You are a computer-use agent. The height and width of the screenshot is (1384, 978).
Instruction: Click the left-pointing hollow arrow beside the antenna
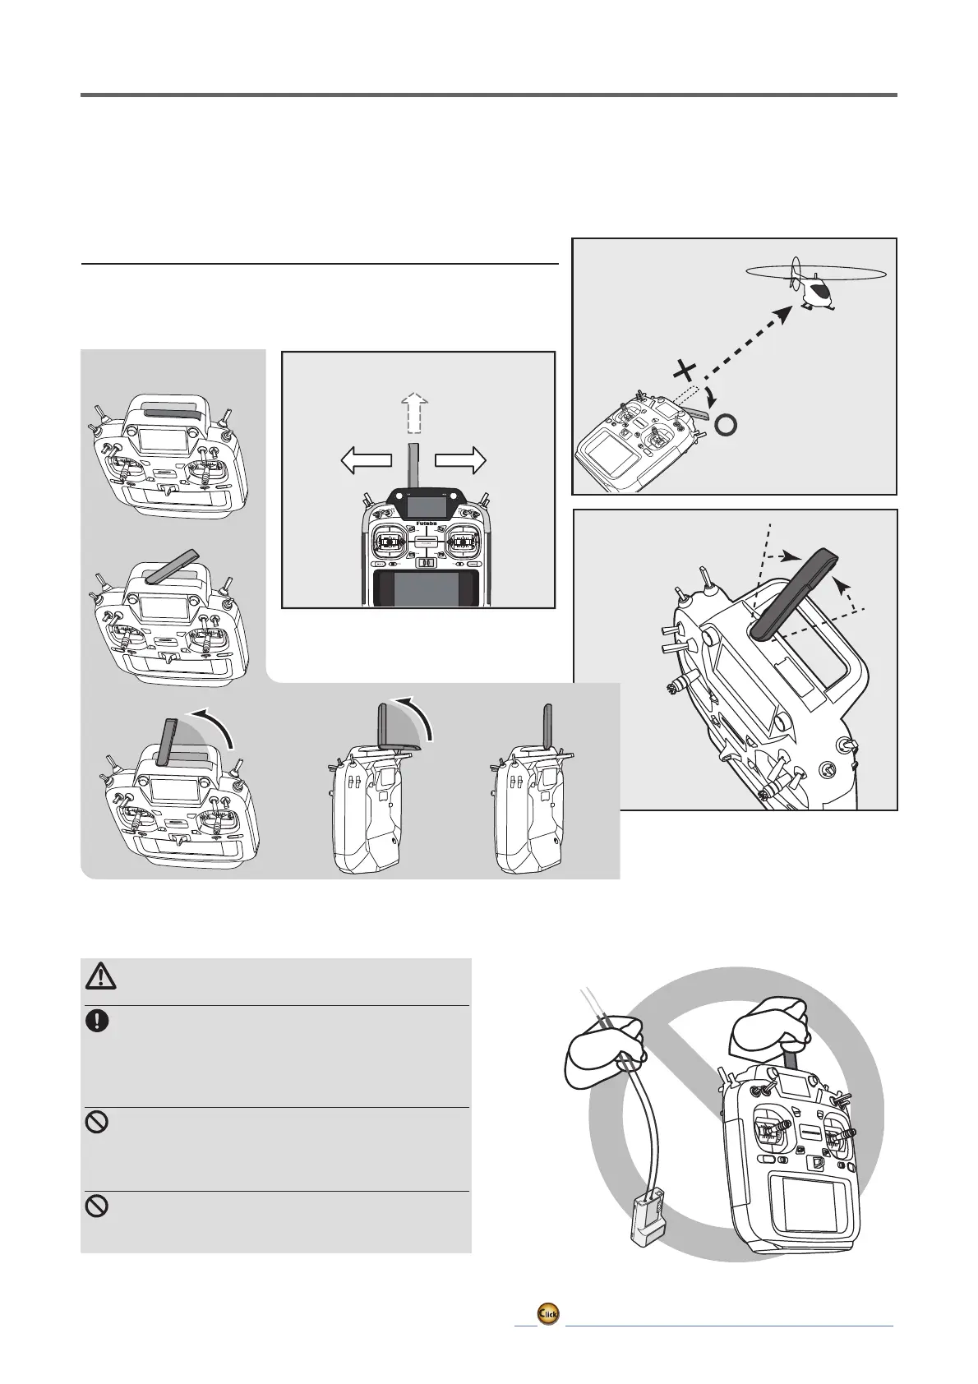367,461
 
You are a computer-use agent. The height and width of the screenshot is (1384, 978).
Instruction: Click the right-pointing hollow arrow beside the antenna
461,461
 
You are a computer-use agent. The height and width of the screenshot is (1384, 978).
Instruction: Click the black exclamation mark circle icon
97,1021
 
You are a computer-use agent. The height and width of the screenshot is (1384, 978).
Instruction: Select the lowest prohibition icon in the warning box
97,1206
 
